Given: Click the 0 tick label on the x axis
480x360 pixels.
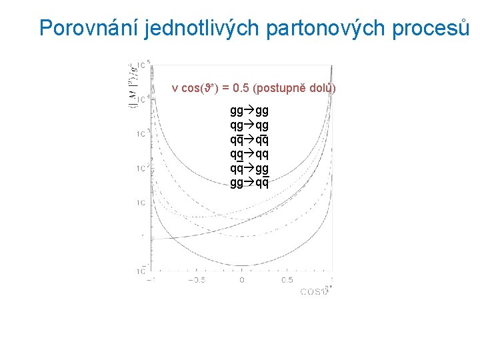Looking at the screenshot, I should coord(242,281).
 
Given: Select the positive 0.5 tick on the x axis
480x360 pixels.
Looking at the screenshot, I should coord(287,281).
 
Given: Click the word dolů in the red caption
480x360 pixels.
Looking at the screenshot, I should coord(321,89).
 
